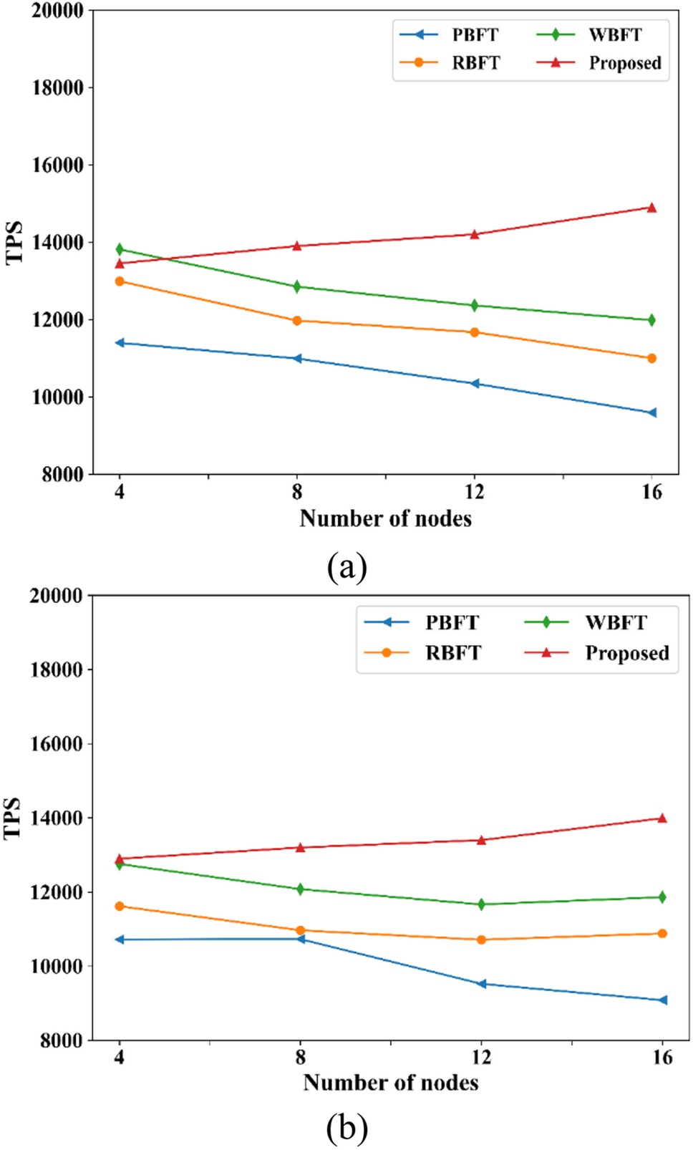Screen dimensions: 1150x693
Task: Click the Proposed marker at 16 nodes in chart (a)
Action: coord(651,208)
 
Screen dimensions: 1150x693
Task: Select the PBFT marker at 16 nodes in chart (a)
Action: coord(651,412)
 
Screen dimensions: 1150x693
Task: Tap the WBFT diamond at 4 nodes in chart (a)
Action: coord(120,249)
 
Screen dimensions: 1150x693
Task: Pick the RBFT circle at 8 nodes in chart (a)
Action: coord(297,320)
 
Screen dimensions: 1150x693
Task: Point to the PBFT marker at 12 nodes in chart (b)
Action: coord(482,984)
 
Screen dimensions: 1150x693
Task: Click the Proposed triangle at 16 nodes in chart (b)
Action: coord(662,818)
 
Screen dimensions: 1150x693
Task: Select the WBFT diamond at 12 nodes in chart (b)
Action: coord(481,904)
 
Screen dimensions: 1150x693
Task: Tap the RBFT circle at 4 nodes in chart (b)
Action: coord(120,906)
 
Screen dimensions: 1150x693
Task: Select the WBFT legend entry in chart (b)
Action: coord(587,622)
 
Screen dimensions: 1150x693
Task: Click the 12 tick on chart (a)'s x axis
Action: coord(474,492)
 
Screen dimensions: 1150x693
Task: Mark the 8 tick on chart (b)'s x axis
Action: coord(300,1057)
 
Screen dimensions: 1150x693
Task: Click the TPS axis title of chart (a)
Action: coord(14,243)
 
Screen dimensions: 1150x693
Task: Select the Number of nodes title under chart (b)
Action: coord(390,1082)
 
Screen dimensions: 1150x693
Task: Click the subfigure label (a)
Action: coord(346,567)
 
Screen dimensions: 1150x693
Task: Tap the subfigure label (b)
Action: coord(346,1129)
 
